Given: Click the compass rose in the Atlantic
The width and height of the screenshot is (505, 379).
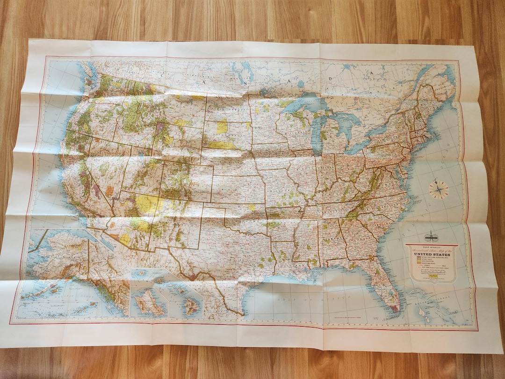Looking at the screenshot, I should click(439, 189).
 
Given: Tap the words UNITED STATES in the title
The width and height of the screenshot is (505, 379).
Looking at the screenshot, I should click(431, 253).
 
